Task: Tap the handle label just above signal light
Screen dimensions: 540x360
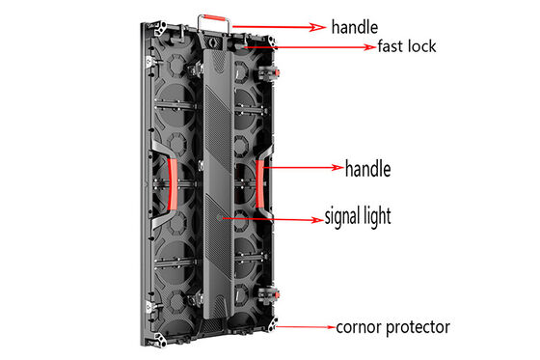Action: tap(366, 168)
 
